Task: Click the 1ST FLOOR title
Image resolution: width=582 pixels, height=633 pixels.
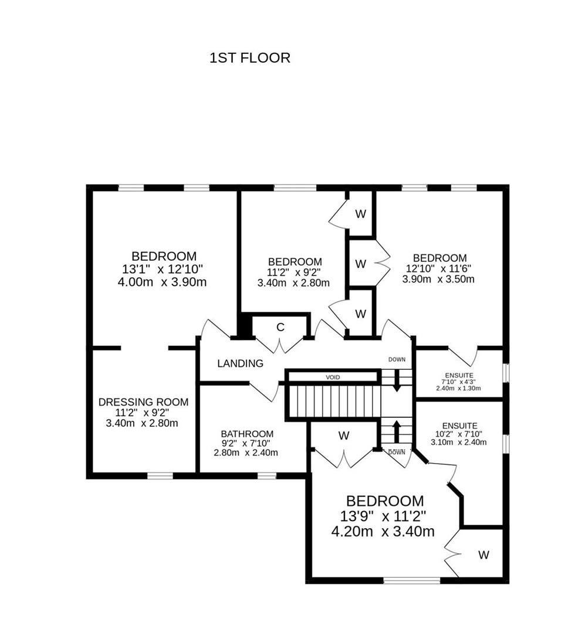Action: tap(249, 58)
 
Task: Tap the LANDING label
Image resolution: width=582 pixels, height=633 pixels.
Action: tap(240, 363)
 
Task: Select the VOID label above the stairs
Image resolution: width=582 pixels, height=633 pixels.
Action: tap(333, 377)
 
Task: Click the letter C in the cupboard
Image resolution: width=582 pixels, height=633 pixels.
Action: tap(280, 327)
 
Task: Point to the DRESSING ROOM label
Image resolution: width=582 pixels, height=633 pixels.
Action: tap(143, 402)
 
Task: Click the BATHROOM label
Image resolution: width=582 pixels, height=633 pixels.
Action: tap(246, 434)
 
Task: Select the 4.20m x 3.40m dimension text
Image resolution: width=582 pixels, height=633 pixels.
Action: tap(383, 532)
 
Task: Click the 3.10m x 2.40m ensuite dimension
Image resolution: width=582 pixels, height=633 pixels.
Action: tap(458, 442)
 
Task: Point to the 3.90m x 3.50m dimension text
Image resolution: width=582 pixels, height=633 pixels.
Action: tap(438, 280)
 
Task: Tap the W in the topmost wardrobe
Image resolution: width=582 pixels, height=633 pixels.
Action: tap(360, 214)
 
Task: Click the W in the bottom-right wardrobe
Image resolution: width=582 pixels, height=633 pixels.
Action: tap(483, 555)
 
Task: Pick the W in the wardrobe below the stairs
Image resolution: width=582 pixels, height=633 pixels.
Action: tap(344, 435)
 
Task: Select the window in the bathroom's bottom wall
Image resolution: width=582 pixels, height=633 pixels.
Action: tap(267, 476)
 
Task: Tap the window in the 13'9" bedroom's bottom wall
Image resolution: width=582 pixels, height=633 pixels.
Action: tap(411, 580)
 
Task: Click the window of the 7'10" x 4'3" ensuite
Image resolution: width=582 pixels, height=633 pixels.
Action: tap(506, 373)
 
